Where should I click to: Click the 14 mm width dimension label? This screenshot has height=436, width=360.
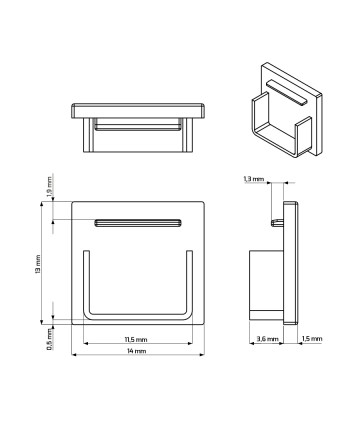[136, 351]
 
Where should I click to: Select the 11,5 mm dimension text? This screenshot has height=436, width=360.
[136, 340]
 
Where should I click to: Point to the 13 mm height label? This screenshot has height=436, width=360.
[37, 264]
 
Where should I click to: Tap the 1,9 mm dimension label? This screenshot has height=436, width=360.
[50, 186]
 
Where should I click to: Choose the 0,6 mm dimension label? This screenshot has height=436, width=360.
[50, 339]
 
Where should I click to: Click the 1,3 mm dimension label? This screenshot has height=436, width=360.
[254, 179]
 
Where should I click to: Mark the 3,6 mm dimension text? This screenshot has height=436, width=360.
[267, 339]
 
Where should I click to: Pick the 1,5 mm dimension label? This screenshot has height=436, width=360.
[312, 339]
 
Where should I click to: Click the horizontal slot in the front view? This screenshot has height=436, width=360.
[138, 223]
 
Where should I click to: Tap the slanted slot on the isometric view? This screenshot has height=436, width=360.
[286, 92]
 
